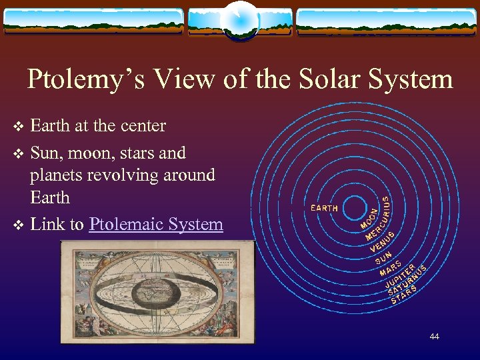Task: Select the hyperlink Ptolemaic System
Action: (155, 224)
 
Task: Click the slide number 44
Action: (434, 337)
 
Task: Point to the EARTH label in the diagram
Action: (325, 208)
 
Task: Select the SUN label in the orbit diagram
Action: (383, 256)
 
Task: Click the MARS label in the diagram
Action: (390, 269)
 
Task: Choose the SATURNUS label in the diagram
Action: (405, 283)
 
